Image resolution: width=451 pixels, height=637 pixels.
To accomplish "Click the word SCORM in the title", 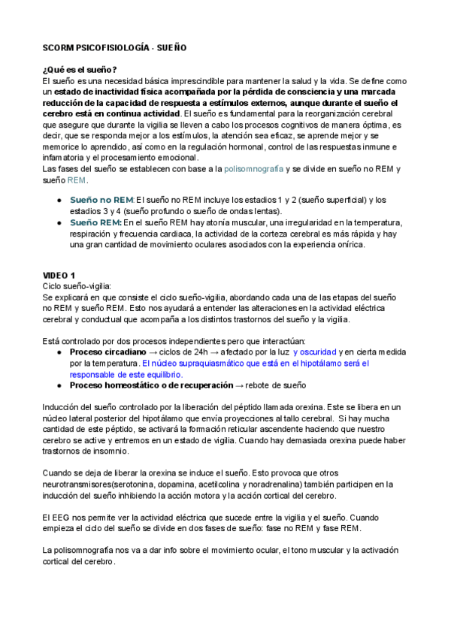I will (x=59, y=47).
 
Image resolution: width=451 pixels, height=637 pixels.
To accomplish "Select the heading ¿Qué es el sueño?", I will (x=80, y=69).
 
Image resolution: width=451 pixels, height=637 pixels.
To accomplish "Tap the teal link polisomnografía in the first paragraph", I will (x=254, y=169).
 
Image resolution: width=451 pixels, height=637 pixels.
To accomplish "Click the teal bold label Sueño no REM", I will (x=101, y=200).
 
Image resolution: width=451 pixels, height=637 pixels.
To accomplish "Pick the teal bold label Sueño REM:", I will (x=95, y=222).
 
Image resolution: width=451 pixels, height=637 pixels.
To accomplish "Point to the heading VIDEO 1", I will (x=59, y=276).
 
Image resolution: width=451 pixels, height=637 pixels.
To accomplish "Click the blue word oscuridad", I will (x=314, y=352).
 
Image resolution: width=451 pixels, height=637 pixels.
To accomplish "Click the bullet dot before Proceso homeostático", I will (x=59, y=385).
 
